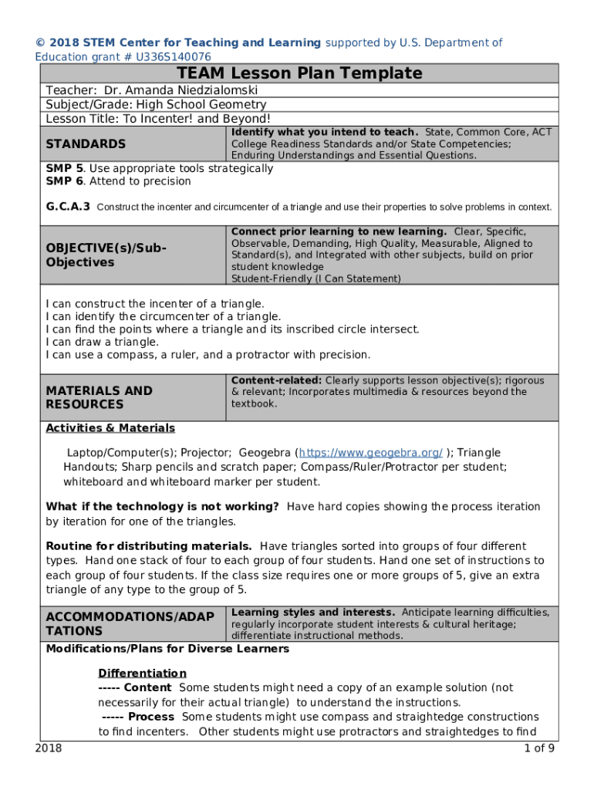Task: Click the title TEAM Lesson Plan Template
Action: point(300,73)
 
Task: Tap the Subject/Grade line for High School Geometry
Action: point(156,104)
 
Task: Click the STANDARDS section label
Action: point(86,143)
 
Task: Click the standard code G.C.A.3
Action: point(68,207)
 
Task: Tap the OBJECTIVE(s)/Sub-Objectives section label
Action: point(106,255)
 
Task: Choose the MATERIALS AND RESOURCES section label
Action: point(100,397)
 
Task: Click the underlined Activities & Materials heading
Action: point(110,428)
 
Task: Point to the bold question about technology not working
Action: point(162,507)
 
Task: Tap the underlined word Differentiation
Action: point(142,674)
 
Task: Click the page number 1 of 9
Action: point(538,748)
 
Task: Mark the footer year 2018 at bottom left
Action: point(49,748)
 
